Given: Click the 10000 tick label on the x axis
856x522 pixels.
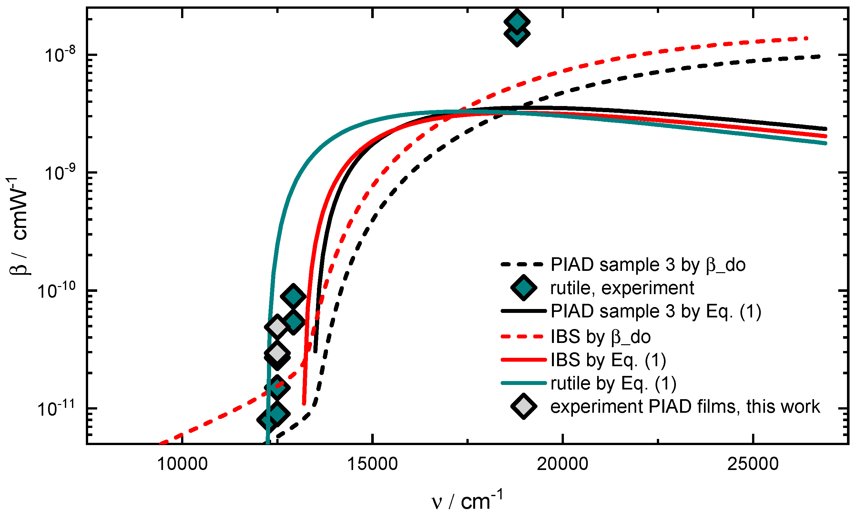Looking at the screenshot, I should coord(182,464).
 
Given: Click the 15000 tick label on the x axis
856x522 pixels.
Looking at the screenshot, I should coord(372,464).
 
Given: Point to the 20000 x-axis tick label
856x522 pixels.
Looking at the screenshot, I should coord(563,464).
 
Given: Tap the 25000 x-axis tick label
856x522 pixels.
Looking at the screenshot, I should coord(753,464).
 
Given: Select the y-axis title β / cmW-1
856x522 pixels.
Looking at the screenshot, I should coord(17,226).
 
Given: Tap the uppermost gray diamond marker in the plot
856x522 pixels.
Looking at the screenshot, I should coord(277,326).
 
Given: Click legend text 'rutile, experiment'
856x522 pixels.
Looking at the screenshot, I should coord(622,288).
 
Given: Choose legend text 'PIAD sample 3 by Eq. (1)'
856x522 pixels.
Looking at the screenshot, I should coord(656,311).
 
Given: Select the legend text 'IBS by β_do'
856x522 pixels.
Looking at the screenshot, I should coord(600,337).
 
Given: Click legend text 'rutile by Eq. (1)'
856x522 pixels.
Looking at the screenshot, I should coord(614,384).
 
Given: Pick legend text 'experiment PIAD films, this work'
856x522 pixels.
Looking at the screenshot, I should coord(685,407).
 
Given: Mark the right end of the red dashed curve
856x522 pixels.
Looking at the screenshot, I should coord(807,38).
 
